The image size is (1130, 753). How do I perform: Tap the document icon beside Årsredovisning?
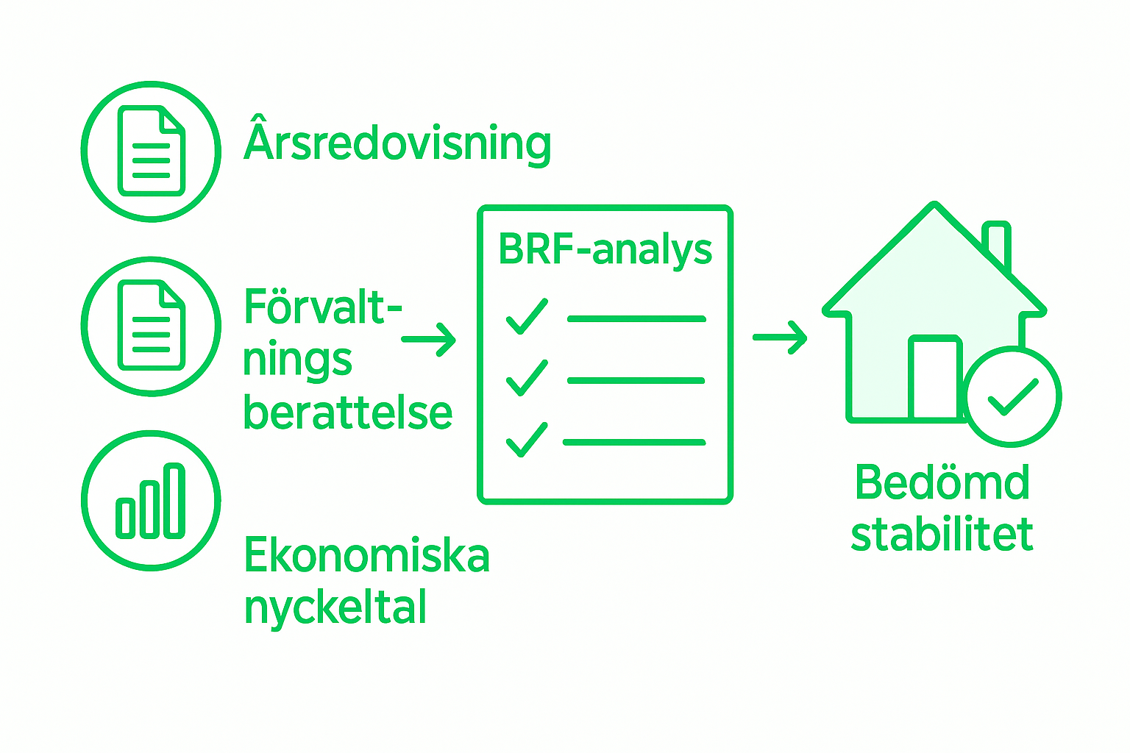coord(152,151)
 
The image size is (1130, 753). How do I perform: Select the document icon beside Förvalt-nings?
coord(152,326)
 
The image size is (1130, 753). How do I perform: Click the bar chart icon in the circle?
coord(151,501)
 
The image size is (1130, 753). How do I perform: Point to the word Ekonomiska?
coord(366,555)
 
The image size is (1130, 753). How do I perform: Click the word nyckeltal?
coord(335,608)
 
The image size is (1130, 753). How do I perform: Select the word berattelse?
coord(347,413)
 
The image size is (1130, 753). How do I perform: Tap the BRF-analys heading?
coord(605,250)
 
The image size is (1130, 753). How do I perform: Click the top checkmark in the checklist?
coord(527,317)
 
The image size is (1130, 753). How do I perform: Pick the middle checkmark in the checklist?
coord(527,378)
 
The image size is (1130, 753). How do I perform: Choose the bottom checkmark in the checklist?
coord(527,440)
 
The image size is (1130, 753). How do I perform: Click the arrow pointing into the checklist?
coord(430,339)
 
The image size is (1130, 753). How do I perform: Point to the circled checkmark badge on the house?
coord(1012,397)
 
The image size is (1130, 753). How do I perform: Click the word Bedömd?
coord(942,483)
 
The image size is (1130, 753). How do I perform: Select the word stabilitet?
coord(942,535)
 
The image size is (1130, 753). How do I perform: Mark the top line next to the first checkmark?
coord(636,319)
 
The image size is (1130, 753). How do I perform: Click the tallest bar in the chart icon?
coord(174,501)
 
